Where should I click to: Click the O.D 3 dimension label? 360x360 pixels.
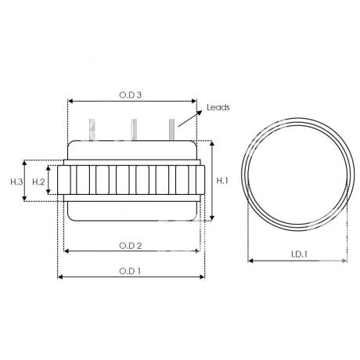pos(130,95)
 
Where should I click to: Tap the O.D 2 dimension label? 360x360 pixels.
pos(130,246)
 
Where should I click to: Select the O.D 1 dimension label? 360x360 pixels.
pos(130,272)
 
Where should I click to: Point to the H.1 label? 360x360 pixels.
pos(222,180)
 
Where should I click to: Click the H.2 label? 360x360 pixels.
pos(38,182)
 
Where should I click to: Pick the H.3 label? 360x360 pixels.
pos(17,182)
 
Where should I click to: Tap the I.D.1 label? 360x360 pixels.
pos(299,254)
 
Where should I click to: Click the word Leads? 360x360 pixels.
pos(218,107)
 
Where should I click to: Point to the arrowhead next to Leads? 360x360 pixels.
pos(200,113)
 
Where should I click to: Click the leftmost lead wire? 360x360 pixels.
pos(92,130)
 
